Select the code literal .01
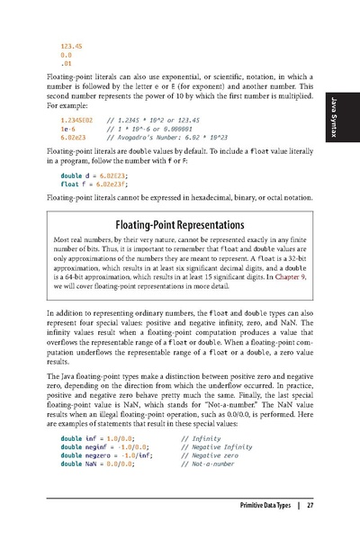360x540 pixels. point(65,64)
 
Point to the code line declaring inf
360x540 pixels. point(99,437)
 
